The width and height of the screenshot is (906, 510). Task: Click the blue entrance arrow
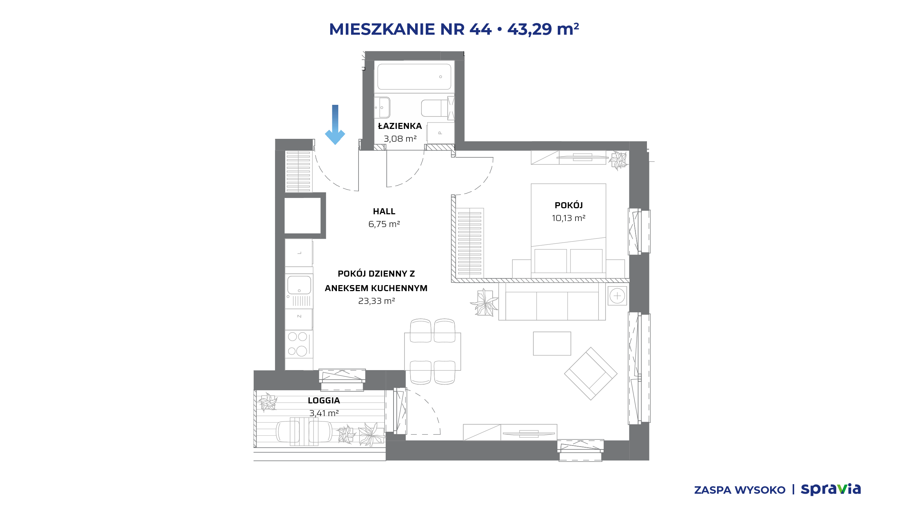(335, 125)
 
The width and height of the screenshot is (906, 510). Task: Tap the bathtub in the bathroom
(414, 76)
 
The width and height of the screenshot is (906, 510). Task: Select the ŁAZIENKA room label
(400, 126)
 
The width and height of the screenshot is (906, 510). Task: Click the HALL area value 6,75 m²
(384, 224)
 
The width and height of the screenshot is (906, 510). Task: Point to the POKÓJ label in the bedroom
(569, 205)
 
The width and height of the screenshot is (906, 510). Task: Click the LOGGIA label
(324, 401)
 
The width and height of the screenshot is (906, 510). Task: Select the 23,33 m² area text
(377, 301)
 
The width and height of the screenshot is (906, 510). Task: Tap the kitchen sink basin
(299, 285)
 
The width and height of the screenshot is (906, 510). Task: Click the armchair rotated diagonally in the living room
(591, 374)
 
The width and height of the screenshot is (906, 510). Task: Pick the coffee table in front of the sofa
(552, 344)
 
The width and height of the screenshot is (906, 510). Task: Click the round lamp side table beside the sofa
(617, 296)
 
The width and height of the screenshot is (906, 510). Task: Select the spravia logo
(831, 489)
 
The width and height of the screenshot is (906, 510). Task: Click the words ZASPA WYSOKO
(740, 490)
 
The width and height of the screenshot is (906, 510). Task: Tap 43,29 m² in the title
(543, 29)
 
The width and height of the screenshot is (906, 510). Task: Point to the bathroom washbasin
(382, 107)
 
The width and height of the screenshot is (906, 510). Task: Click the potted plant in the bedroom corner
(618, 160)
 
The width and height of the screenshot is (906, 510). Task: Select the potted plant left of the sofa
(484, 303)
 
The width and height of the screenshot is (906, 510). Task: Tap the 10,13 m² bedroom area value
(569, 218)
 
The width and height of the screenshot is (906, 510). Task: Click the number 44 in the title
(481, 29)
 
